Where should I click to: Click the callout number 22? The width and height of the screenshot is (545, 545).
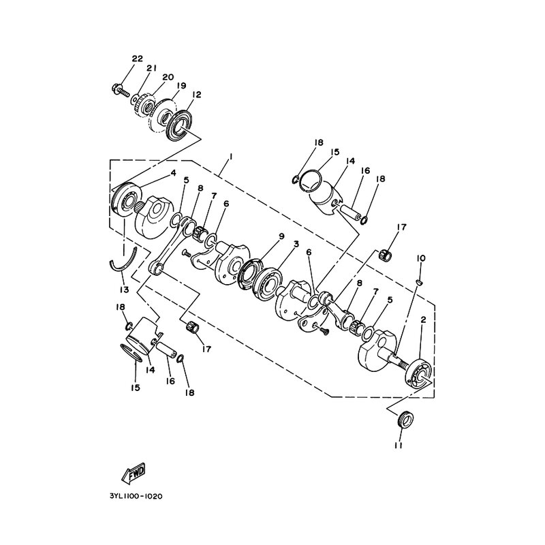pyautogui.click(x=138, y=59)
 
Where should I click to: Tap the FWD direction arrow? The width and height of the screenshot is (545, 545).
pyautogui.click(x=133, y=473)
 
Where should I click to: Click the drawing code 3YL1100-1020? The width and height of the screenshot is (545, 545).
pyautogui.click(x=136, y=496)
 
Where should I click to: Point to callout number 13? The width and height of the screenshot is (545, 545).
pyautogui.click(x=124, y=289)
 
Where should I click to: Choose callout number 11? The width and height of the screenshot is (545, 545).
pyautogui.click(x=399, y=446)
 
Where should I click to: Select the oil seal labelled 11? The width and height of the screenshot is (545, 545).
pyautogui.click(x=405, y=419)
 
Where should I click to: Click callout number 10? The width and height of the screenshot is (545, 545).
pyautogui.click(x=420, y=258)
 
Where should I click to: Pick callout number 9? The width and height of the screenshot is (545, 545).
pyautogui.click(x=281, y=236)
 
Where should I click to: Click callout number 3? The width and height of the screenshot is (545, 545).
pyautogui.click(x=296, y=244)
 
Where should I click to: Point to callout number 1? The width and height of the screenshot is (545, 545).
pyautogui.click(x=230, y=157)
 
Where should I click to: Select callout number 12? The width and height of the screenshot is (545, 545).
pyautogui.click(x=196, y=94)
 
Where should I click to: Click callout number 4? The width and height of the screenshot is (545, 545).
pyautogui.click(x=173, y=173)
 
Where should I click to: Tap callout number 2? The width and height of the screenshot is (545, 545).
pyautogui.click(x=423, y=320)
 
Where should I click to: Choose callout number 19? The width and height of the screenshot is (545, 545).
pyautogui.click(x=181, y=86)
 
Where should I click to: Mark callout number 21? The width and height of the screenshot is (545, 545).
pyautogui.click(x=151, y=68)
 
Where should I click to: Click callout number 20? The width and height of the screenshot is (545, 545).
pyautogui.click(x=168, y=77)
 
